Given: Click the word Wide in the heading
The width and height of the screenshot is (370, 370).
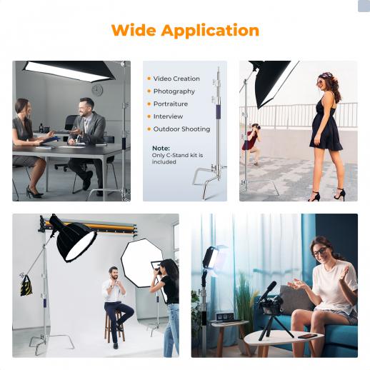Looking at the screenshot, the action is tap(134, 30).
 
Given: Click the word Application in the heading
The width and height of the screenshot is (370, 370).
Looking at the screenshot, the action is tap(210, 31).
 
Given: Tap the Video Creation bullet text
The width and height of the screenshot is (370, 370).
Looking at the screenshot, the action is tap(176, 79).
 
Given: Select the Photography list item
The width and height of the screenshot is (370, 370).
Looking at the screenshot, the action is tap(174, 91).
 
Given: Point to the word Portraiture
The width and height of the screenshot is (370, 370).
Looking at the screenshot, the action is tap(171, 104).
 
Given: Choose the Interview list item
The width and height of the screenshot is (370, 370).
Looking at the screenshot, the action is tap(168, 116).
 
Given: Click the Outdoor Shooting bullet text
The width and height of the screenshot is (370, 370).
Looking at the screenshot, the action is tap(181, 129).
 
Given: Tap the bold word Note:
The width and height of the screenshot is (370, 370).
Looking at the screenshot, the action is tap(161, 149).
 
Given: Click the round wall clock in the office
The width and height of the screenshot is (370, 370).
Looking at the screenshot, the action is tap(97, 91).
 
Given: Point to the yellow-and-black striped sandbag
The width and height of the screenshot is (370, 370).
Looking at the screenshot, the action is tap(26, 286).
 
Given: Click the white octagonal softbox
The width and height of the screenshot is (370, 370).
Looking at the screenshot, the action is tap(141, 262).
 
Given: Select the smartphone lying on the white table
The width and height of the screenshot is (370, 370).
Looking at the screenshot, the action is tap(307, 336).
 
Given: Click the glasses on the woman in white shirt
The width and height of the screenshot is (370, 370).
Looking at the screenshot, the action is tap(319, 252).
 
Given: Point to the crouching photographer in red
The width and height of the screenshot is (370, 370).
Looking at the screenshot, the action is tap(251, 144).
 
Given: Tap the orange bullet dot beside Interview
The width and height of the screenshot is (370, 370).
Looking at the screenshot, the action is tap(149, 116).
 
